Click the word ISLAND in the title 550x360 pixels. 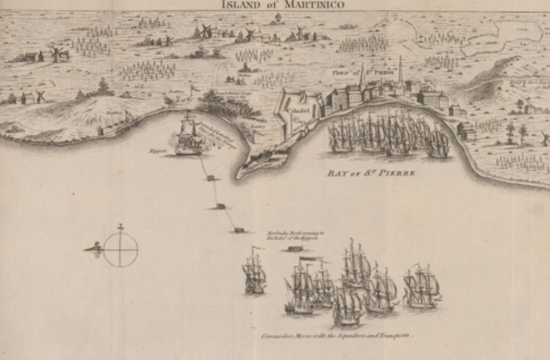pyautogui.click(x=245, y=4)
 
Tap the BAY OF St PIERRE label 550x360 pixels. pyautogui.click(x=371, y=173)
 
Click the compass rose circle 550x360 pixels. pyautogui.click(x=120, y=249)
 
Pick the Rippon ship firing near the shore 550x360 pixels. pyautogui.click(x=188, y=137)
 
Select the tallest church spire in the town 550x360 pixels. pyautogui.click(x=400, y=69)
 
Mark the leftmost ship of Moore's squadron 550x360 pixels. pyautogui.click(x=254, y=273)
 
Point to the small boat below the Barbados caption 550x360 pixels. pyautogui.click(x=296, y=248)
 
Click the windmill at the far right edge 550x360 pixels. pyautogui.click(x=544, y=137)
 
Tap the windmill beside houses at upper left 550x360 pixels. pyautogui.click(x=58, y=53)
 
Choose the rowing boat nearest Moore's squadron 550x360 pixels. pyautogui.click(x=239, y=229)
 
